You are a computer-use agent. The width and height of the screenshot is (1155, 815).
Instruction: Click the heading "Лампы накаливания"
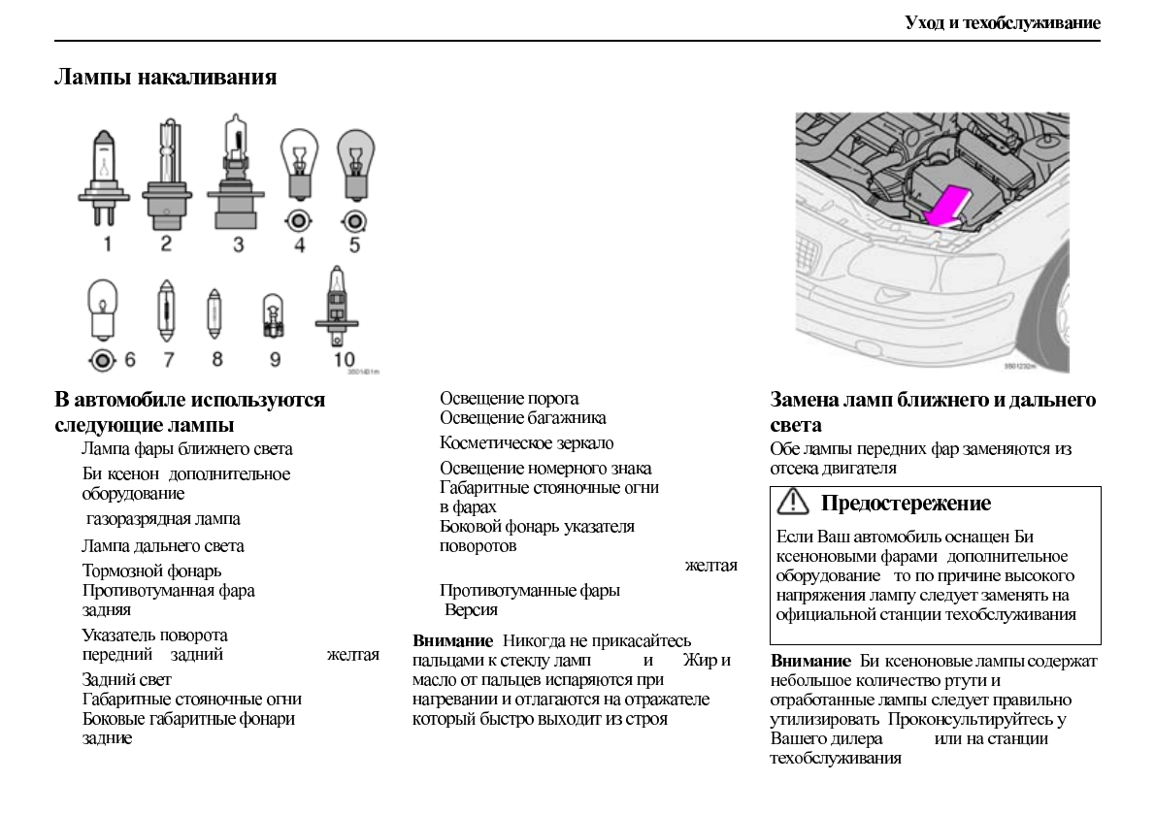click(x=165, y=78)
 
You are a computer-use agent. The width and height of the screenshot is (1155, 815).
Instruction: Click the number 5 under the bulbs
click(x=354, y=244)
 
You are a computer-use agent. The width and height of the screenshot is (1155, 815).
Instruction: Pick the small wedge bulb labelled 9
click(x=275, y=317)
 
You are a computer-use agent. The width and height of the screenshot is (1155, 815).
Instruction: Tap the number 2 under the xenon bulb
click(x=166, y=243)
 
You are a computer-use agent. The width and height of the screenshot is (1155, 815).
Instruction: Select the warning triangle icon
click(x=795, y=503)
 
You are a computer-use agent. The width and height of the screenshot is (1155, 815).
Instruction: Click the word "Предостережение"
click(x=906, y=504)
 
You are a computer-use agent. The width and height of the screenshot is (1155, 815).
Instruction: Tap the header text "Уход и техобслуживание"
click(x=1002, y=21)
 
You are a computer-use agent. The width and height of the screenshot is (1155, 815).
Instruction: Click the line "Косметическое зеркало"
click(x=527, y=443)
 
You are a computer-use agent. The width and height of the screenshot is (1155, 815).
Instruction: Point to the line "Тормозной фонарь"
click(x=151, y=570)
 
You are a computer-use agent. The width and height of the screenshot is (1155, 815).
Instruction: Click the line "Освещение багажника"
click(x=523, y=417)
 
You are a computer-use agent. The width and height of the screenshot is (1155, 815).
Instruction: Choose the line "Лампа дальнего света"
click(x=163, y=546)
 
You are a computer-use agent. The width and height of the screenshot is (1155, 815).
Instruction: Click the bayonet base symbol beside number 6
click(x=101, y=360)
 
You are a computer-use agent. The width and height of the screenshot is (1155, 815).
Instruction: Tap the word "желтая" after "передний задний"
click(x=353, y=656)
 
